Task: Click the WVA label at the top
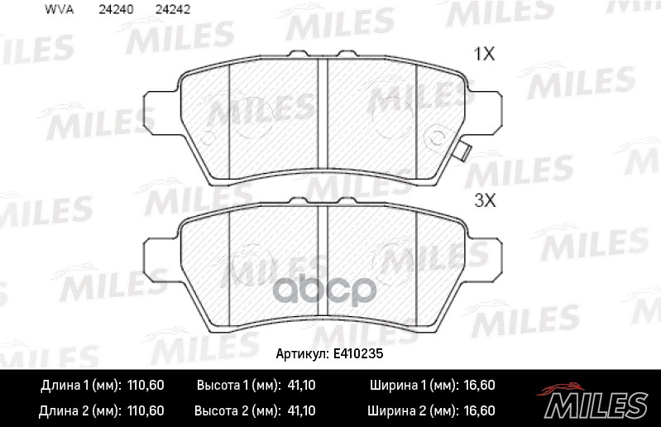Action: [x=56, y=12]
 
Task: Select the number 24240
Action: [x=113, y=12]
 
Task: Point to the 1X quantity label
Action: [x=483, y=55]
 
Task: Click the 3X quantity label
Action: [x=483, y=200]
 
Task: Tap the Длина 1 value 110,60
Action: [x=146, y=386]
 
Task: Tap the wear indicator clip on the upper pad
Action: [x=464, y=152]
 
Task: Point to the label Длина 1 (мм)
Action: [x=80, y=386]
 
